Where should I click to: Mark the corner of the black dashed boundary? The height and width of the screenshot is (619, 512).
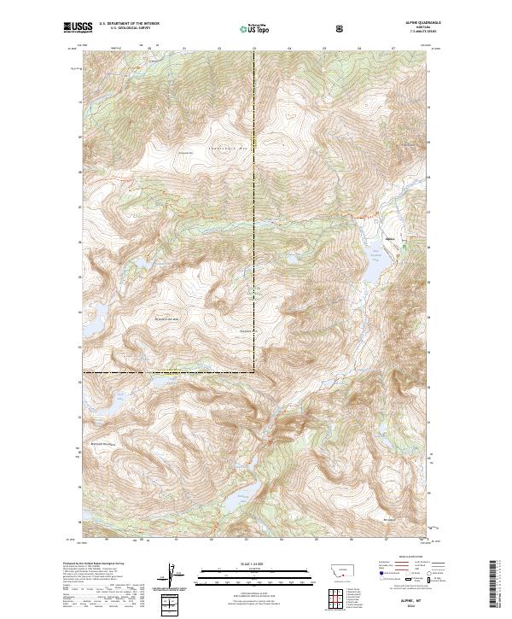(x=254, y=372)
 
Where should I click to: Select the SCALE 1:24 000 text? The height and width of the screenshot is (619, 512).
(x=243, y=563)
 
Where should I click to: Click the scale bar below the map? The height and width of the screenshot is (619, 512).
(x=243, y=571)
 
